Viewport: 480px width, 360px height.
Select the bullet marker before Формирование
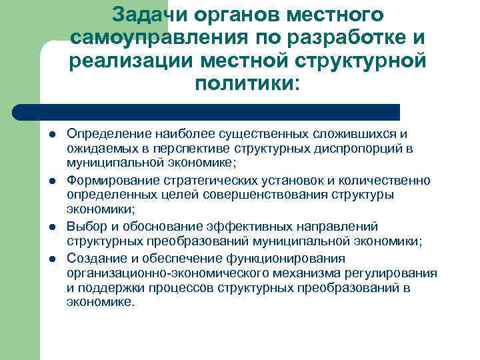51,181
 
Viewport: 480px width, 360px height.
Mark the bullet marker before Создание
51,258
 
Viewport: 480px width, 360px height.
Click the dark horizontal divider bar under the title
207,111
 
